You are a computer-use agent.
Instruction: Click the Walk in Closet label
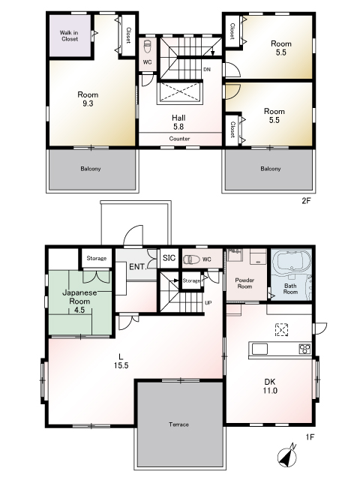pos(69,35)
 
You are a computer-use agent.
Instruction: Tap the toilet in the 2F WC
pos(148,46)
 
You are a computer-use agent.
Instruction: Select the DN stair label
pos(207,70)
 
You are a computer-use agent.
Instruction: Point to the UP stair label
pos(208,303)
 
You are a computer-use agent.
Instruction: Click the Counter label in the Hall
pos(179,139)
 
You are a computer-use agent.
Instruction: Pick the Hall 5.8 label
pos(178,122)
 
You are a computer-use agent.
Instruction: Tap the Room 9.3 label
pos(88,99)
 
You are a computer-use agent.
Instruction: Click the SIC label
pos(169,258)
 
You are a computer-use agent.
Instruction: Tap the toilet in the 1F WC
pos(191,259)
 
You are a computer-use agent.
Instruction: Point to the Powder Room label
pos(244,283)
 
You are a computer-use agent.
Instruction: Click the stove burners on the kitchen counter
pos(304,349)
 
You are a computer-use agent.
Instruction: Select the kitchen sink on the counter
pos(259,349)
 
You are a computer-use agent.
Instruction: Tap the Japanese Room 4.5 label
pos(79,301)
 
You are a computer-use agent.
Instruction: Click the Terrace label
pos(178,424)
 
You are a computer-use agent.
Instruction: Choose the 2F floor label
pos(307,201)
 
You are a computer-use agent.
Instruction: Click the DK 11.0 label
pos(270,386)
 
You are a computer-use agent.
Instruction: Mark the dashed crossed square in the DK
pos(282,330)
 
